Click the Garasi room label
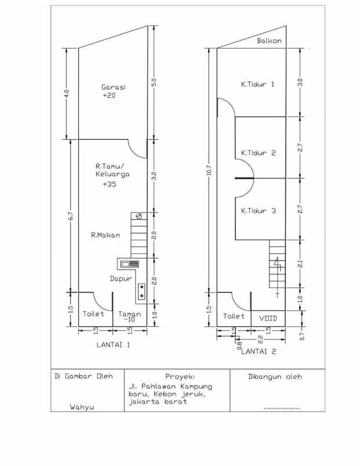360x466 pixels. click(x=114, y=87)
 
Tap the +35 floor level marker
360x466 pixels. click(x=110, y=184)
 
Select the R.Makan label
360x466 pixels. click(x=106, y=235)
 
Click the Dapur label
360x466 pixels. click(x=121, y=278)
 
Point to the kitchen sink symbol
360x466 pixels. click(x=130, y=264)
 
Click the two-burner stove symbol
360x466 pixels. click(x=142, y=291)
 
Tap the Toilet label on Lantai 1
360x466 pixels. click(x=93, y=314)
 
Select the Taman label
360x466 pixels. click(x=130, y=314)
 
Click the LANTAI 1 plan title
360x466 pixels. click(x=113, y=345)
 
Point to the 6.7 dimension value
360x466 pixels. click(x=71, y=216)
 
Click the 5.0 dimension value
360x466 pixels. click(x=154, y=82)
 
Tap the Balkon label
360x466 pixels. click(x=270, y=41)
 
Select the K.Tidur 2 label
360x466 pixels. click(x=259, y=153)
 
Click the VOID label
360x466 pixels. click(x=268, y=318)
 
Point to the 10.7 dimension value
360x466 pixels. click(x=209, y=170)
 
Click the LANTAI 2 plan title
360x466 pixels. click(x=259, y=352)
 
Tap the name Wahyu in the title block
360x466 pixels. click(x=82, y=407)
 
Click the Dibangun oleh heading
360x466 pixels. click(x=275, y=377)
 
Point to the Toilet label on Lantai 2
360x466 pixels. click(x=234, y=316)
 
